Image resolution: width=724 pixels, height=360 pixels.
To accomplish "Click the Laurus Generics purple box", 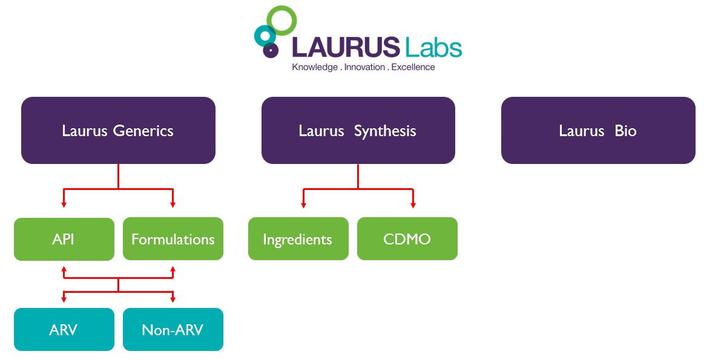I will (118, 130).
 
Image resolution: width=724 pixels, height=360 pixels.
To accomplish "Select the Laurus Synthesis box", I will (358, 130).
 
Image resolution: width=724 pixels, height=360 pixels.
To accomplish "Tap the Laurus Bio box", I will (597, 130).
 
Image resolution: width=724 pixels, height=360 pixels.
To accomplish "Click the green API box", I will (64, 239).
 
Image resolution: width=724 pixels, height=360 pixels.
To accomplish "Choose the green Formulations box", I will (173, 239).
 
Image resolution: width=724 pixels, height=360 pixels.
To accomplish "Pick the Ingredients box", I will (298, 239).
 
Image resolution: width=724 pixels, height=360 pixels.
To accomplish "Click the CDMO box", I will (407, 239).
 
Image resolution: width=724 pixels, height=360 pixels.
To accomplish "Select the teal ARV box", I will (64, 330).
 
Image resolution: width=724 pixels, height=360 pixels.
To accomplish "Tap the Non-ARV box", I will (173, 330).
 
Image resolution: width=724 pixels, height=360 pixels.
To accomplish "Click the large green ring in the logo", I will (281, 21).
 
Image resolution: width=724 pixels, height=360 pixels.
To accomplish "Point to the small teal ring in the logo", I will (264, 36).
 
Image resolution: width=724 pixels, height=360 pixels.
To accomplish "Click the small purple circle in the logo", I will (271, 50).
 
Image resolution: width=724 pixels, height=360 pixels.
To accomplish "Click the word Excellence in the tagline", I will (413, 67).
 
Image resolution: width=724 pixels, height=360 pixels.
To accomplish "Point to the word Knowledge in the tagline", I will (315, 67).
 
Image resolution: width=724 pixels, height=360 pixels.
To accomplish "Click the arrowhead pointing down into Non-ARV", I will (173, 299).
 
